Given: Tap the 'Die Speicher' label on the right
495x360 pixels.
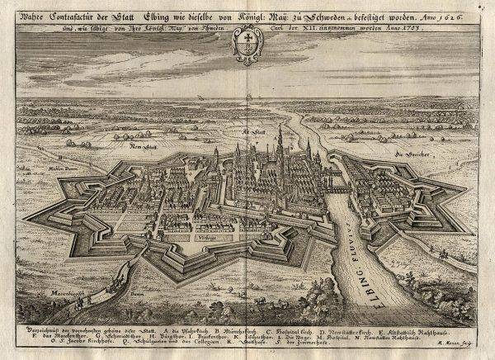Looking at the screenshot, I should pyautogui.click(x=408, y=154).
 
